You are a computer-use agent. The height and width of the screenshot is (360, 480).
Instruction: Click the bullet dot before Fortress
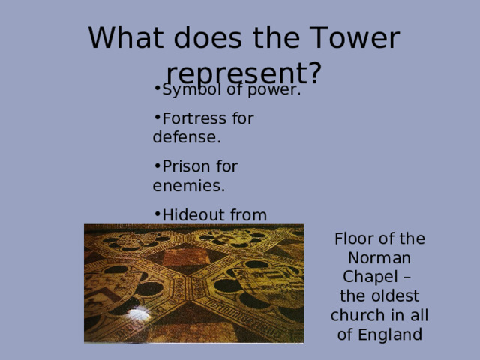(155, 116)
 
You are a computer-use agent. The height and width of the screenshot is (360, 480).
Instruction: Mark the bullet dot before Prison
(155, 164)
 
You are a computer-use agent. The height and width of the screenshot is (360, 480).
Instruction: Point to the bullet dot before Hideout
(155, 213)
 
